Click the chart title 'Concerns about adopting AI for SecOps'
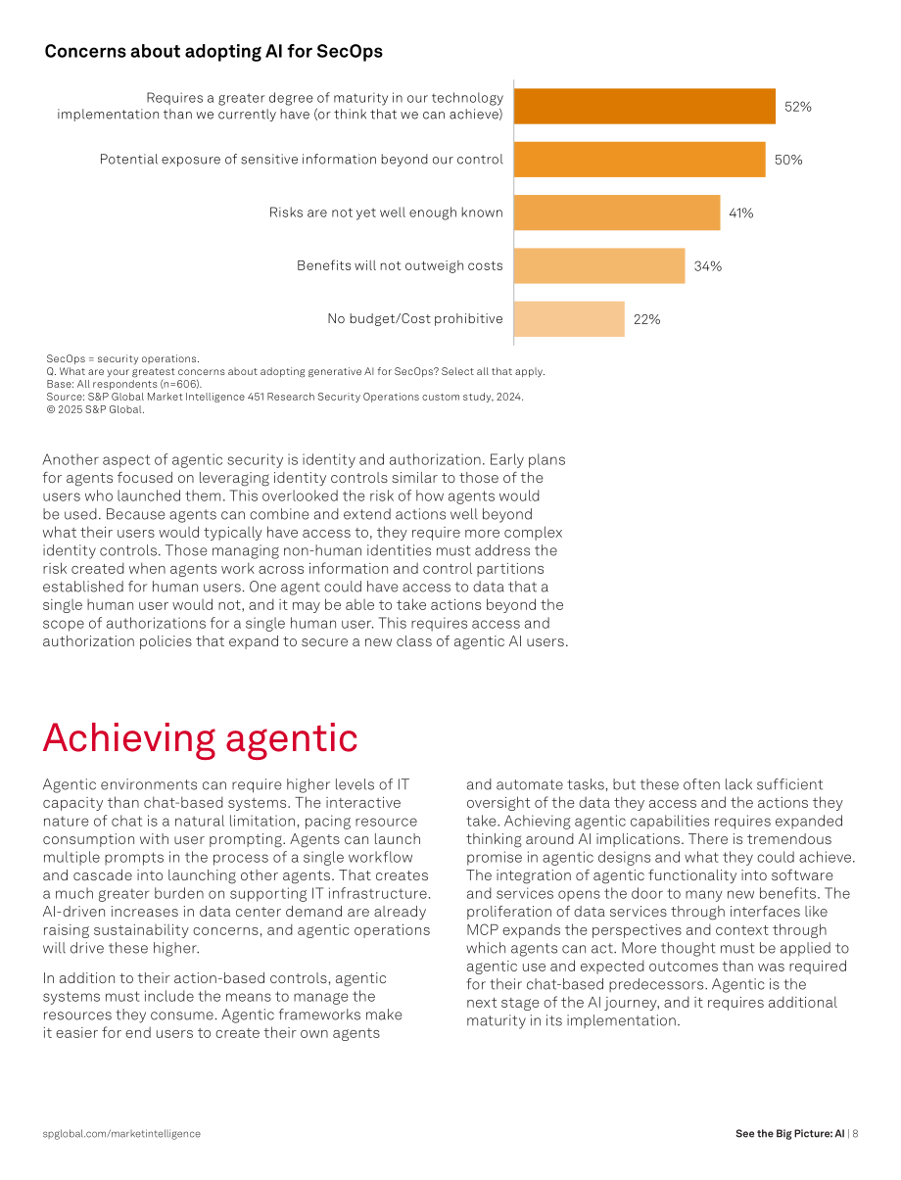point(213,51)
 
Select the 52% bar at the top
point(644,107)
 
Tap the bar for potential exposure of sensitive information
point(640,159)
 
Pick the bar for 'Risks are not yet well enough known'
point(617,212)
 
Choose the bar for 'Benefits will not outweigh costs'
point(599,265)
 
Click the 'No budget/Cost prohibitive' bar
point(569,319)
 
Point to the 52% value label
point(798,107)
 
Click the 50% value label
point(788,160)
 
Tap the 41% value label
point(740,212)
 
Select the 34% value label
point(707,266)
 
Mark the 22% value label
point(646,319)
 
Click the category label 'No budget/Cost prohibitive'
point(415,319)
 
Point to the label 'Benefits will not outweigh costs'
point(400,265)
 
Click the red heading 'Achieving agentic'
point(200,739)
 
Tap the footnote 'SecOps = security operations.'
point(122,358)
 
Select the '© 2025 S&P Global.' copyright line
point(95,409)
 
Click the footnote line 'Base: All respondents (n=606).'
point(123,384)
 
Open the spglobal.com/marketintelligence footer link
point(121,1133)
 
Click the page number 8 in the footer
point(855,1133)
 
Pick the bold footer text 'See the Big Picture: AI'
point(789,1133)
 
